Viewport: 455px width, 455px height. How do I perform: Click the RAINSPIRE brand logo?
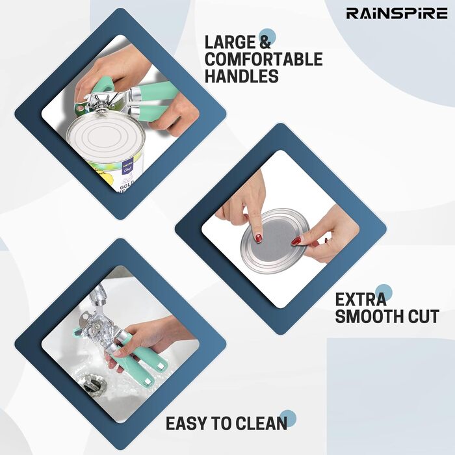point(396,14)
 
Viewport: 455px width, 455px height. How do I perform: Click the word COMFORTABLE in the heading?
point(263,59)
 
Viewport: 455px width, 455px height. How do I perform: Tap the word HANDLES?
point(241,76)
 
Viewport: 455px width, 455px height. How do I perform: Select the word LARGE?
point(230,42)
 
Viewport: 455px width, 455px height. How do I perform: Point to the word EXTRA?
point(361,300)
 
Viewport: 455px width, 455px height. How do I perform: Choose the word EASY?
point(188,423)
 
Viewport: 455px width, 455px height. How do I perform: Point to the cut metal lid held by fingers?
point(275,241)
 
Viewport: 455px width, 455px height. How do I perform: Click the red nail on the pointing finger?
point(258,238)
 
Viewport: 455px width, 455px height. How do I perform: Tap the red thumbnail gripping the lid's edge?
point(296,240)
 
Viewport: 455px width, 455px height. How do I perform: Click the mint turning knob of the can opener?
point(103,83)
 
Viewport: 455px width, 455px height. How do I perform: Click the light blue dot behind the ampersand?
point(267,37)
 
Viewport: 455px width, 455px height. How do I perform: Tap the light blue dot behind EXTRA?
point(383,293)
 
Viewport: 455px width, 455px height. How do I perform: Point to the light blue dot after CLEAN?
point(287,419)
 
